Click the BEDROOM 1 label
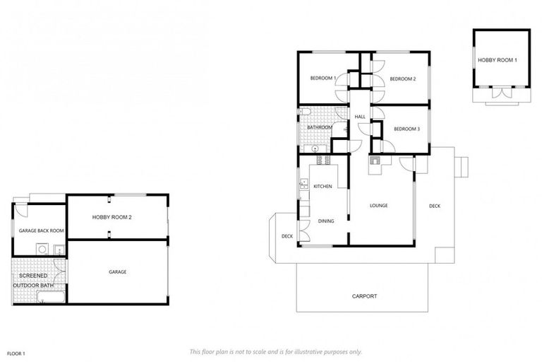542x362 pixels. [x=323, y=78]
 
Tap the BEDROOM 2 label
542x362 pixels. [x=403, y=79]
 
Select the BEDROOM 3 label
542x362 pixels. [x=407, y=129]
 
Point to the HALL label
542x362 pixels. [x=359, y=117]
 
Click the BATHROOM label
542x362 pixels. [x=310, y=127]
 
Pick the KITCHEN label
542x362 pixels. [x=323, y=187]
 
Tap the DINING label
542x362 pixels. [x=325, y=221]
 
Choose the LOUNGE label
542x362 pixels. [x=379, y=206]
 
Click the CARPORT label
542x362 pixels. [x=364, y=296]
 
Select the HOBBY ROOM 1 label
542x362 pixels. [x=498, y=60]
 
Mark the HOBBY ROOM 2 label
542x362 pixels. [x=111, y=217]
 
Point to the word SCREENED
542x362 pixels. [x=33, y=275]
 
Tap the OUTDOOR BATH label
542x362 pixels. [x=37, y=286]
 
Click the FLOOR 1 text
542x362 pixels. [x=16, y=352]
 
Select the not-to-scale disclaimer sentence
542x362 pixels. [x=276, y=351]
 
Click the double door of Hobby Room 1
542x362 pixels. [x=501, y=93]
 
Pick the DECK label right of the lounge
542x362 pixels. [x=435, y=206]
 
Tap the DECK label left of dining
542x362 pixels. [x=287, y=236]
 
